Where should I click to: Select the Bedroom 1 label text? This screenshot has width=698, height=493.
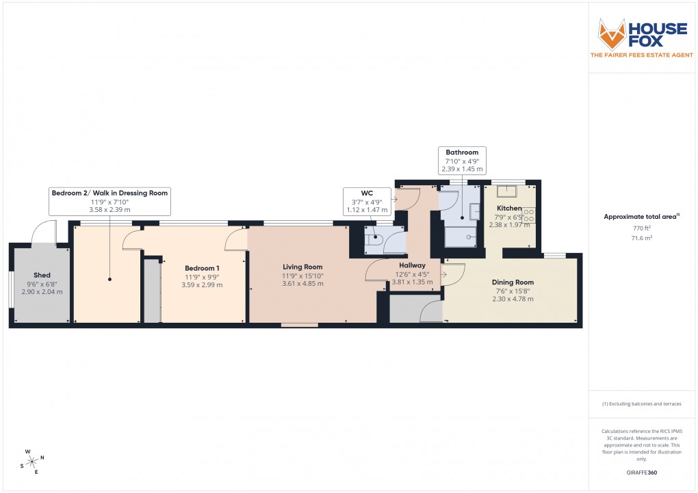point(203,268)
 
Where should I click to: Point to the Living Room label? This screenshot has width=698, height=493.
point(302,267)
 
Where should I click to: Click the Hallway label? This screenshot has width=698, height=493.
point(412,265)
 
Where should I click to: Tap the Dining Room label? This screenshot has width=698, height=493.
point(513,282)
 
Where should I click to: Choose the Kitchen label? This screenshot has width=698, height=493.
point(509,209)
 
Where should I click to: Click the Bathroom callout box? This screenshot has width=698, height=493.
point(462,160)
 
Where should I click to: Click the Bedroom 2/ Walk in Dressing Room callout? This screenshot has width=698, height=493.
point(109,201)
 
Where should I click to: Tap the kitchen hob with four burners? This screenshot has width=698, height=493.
point(529,213)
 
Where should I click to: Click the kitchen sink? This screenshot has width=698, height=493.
point(508,191)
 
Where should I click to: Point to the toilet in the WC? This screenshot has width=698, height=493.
point(374,239)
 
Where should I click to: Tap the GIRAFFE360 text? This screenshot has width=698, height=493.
point(642,472)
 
